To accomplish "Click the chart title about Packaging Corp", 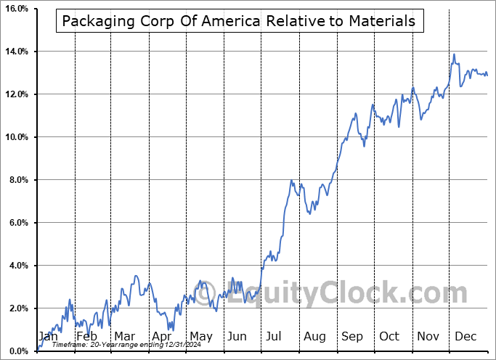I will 238,21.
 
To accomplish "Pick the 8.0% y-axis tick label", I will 17,181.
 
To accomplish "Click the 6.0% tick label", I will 17,224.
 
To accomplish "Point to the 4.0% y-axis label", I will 17,266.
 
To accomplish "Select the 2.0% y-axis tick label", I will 17,309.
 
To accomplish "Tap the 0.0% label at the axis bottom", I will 17,352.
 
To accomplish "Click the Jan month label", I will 49,336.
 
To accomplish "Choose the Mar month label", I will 124,336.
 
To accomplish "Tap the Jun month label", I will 237,336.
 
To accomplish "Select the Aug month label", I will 314,336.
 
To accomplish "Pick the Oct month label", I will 389,336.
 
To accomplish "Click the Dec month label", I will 465,336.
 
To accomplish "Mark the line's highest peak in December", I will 454,54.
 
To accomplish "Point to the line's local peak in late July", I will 290,180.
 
